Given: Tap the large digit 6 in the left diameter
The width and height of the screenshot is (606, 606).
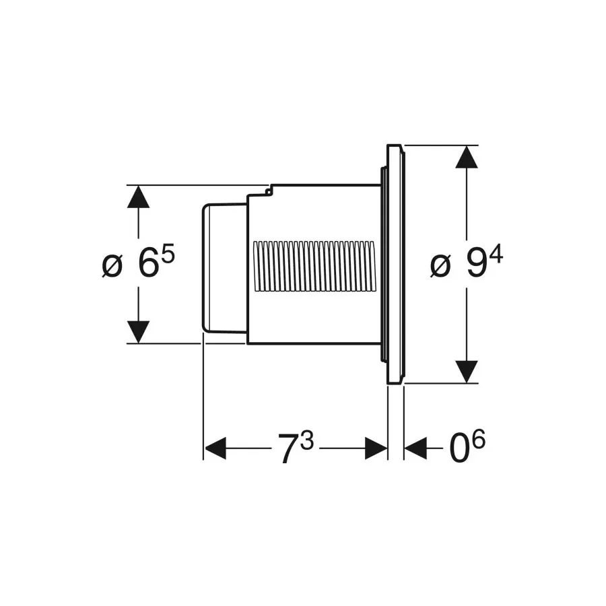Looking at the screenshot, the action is [148, 265].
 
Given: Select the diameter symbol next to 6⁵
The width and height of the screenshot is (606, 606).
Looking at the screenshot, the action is [112, 266].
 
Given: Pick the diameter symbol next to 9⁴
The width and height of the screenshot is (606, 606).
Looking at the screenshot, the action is [440, 266].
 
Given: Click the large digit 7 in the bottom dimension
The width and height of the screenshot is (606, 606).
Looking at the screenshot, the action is [288, 448].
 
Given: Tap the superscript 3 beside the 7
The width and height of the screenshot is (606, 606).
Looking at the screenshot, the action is [307, 440].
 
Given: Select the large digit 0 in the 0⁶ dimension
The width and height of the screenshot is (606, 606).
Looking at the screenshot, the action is [459, 448].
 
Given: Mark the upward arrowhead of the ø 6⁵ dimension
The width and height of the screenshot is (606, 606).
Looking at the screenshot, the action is [138, 197].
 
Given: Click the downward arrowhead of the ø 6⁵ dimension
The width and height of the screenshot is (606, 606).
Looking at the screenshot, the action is [138, 332].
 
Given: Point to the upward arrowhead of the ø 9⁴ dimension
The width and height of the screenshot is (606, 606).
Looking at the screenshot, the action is [467, 156].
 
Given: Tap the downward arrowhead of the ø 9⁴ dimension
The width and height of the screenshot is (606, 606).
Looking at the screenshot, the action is [467, 372].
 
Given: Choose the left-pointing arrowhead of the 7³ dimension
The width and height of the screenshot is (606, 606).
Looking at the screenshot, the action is [215, 448].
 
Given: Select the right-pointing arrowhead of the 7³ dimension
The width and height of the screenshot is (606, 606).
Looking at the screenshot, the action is [376, 448].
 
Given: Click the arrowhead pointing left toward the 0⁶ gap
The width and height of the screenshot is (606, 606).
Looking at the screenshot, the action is [415, 448].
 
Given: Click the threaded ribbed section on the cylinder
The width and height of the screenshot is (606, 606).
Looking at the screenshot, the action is [313, 266].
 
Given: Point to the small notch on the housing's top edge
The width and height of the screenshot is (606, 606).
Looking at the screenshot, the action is [268, 191].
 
